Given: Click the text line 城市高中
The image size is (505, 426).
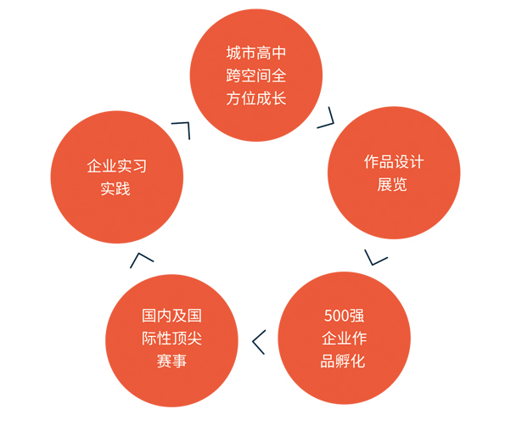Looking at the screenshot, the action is tap(256, 53).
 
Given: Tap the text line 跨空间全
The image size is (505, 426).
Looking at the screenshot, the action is tap(256, 76).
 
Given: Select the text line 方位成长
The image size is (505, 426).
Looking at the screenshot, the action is tap(256, 98).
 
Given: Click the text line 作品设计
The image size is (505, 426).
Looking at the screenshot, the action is tap(394, 161).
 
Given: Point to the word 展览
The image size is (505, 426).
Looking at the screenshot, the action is tap(392, 184).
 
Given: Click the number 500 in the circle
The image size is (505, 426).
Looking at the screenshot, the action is tap(337, 316).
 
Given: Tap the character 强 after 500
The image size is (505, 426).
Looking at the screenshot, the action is tap(356, 316).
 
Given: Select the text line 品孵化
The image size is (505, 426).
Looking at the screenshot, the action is tap(343, 362).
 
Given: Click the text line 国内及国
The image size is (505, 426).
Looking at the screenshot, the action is tap(171, 316).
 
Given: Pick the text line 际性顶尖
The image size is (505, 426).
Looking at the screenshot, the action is tap(171, 339).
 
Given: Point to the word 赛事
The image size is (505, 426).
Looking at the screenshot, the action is tap(171, 362).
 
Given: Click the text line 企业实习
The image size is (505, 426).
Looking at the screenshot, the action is tap(116, 166).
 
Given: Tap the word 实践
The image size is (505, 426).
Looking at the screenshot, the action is tap(115, 188).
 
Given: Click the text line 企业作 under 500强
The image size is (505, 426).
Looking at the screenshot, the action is tap(345, 339).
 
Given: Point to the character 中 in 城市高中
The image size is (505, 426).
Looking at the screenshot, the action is tap(278, 53).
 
